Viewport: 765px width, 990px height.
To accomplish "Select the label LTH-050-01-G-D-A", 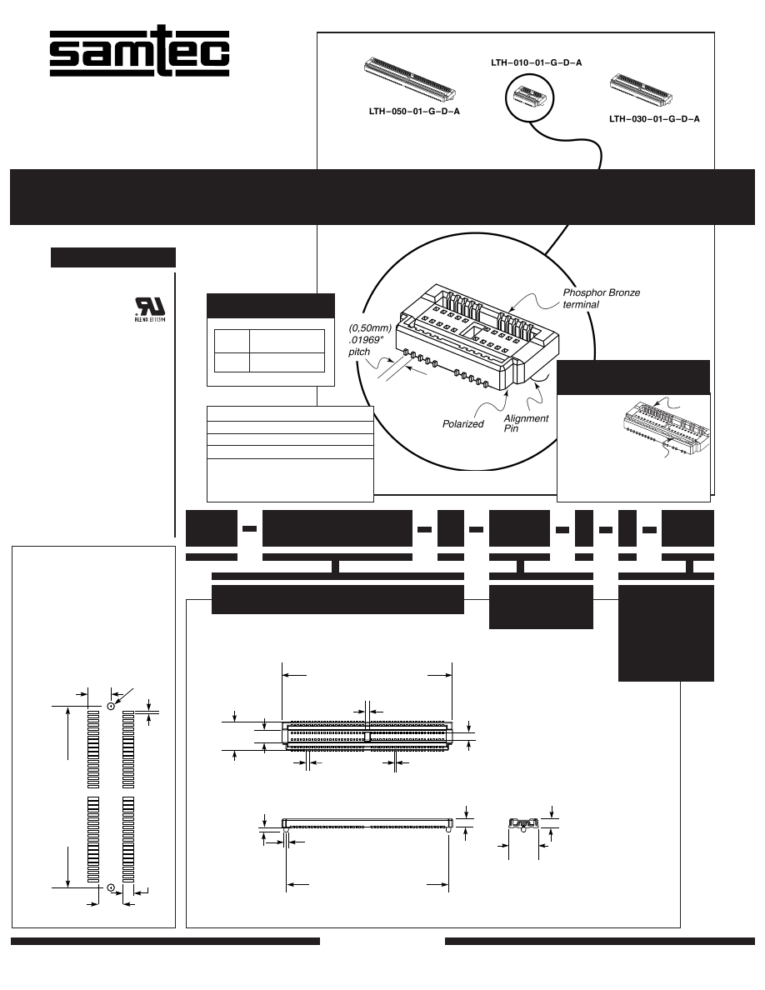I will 414,111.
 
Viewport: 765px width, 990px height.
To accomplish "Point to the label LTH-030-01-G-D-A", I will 654,119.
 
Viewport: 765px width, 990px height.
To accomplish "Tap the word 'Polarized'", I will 463,424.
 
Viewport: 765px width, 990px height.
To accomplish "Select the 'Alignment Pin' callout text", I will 526,423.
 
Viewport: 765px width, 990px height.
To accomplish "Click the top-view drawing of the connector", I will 367,735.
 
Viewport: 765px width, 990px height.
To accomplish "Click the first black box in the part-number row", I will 211,527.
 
